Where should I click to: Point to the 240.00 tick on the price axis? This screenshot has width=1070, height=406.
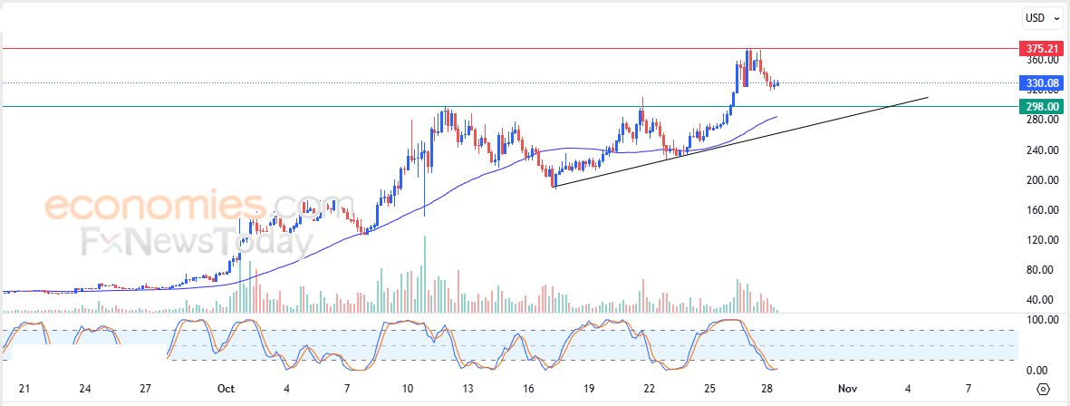coord(1036,150)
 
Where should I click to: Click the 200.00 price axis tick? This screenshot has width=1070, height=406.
coord(1036,180)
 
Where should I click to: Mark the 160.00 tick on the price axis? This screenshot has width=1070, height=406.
coord(1036,210)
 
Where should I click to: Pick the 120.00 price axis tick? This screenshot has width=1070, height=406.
coord(1036,240)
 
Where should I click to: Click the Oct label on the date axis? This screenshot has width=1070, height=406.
coord(226,389)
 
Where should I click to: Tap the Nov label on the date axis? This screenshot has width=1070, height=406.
coord(847,389)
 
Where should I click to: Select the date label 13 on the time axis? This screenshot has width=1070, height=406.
coord(468,389)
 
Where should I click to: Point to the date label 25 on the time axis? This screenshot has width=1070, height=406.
coord(710,389)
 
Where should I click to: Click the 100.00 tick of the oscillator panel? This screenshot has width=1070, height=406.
coord(1036,320)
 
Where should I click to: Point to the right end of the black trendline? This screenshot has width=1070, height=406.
coord(929,97)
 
